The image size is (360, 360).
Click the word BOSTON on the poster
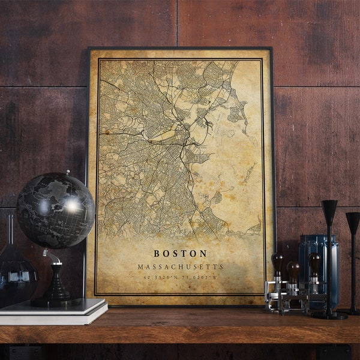181,254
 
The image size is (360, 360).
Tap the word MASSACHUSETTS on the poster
181,266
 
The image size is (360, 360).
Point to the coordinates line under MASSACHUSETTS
181,277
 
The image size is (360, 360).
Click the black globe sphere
55,210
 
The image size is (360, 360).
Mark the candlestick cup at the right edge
353,222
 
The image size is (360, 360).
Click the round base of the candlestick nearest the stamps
329,315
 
